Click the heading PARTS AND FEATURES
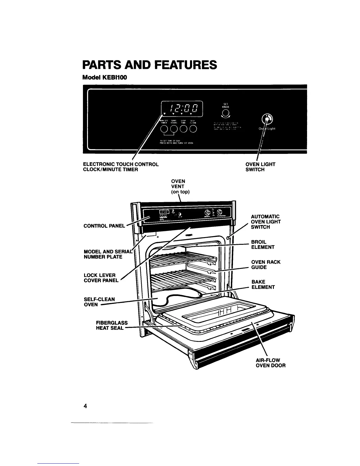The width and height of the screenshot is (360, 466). pos(150,65)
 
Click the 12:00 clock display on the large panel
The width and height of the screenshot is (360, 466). pos(182,107)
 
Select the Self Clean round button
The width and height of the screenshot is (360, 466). pos(193,129)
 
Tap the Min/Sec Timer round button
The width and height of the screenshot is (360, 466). pos(164,129)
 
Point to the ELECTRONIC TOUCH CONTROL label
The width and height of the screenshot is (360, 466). pos(121,164)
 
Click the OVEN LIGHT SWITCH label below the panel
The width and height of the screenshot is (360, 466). pos(260,167)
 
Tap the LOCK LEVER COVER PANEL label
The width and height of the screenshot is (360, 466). pos(101,278)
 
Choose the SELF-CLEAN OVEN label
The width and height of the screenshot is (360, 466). pos(99,302)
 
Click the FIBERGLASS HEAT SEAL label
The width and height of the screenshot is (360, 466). pos(112,325)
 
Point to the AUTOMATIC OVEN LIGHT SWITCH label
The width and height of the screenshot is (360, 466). pos(266,222)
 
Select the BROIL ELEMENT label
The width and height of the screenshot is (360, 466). pos(263,244)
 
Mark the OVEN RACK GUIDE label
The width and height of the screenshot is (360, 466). pos(266,264)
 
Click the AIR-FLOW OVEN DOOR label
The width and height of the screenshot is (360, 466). pos(270,363)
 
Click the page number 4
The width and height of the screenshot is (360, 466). pos(85,406)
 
